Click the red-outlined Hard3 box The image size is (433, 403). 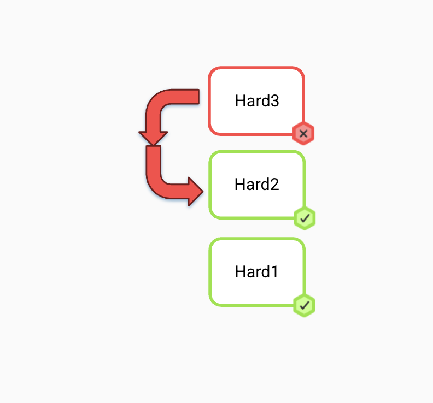(x=256, y=101)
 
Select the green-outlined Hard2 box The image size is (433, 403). (x=257, y=185)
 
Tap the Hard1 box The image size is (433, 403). (x=257, y=272)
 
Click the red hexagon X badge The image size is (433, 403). (x=303, y=134)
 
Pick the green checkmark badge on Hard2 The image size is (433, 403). (x=305, y=218)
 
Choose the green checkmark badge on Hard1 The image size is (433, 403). (x=305, y=305)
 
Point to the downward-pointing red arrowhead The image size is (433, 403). (x=153, y=138)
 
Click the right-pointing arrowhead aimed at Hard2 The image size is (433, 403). (x=196, y=191)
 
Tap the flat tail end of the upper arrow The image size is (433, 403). (x=198, y=97)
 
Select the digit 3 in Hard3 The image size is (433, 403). (x=274, y=101)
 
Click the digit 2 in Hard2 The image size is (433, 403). (x=274, y=185)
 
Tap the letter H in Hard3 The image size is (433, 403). (x=240, y=100)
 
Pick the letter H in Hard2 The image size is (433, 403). (x=239, y=185)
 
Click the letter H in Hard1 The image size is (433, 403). (x=240, y=272)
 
